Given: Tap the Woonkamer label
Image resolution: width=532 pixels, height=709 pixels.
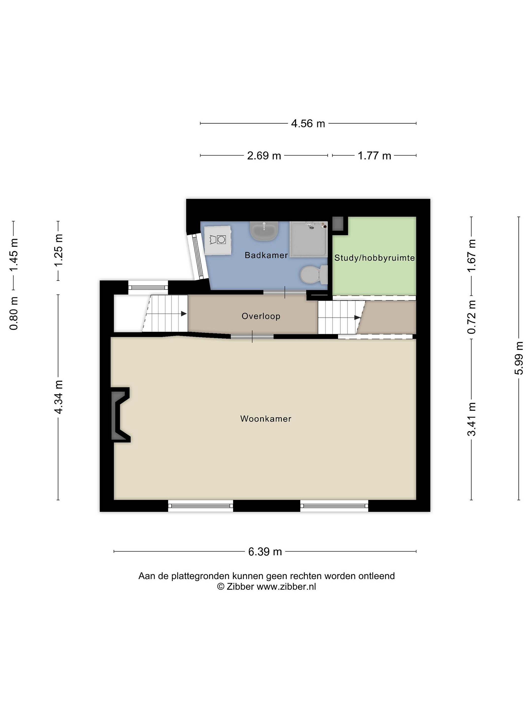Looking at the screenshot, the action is tap(266, 419).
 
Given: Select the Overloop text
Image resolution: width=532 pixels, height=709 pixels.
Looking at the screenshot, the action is tap(261, 316).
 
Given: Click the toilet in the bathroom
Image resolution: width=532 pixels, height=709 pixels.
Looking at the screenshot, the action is tap(313, 275).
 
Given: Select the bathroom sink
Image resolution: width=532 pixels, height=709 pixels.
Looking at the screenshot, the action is tap(264, 231).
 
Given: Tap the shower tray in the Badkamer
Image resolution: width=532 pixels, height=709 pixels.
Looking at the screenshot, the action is tap(309, 239).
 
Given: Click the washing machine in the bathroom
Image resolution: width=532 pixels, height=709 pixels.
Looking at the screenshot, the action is tap(218, 240).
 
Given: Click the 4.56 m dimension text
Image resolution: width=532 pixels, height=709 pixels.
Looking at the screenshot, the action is tap(308, 123).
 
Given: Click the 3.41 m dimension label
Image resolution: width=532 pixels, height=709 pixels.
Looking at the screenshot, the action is tap(471, 419).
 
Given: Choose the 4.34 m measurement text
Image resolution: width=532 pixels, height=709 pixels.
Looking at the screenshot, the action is tap(58, 397).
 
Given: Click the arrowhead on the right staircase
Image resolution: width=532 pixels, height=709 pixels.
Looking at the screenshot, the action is tap(357, 318).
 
